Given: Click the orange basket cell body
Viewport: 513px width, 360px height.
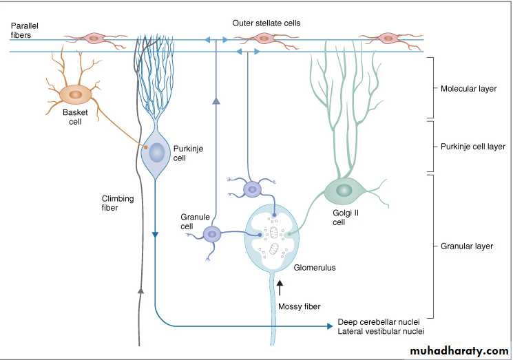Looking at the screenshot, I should pyautogui.click(x=75, y=94).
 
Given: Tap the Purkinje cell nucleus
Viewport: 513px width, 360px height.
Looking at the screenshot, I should pyautogui.click(x=158, y=152).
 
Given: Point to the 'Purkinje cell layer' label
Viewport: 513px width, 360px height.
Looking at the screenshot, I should pyautogui.click(x=472, y=147).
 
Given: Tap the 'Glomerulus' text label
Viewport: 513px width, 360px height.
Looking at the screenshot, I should pyautogui.click(x=315, y=268).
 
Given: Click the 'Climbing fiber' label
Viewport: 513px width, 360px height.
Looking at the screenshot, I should pyautogui.click(x=118, y=203).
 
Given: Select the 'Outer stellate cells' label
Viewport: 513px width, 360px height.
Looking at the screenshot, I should pyautogui.click(x=266, y=23).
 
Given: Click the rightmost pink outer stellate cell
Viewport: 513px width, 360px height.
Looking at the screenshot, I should pyautogui.click(x=388, y=39).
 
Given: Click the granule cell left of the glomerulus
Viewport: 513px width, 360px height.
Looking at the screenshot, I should pyautogui.click(x=212, y=235).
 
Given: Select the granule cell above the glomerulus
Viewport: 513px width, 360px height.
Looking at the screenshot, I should pyautogui.click(x=252, y=188).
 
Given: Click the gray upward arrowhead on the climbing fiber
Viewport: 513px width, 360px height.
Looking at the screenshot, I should pyautogui.click(x=140, y=290).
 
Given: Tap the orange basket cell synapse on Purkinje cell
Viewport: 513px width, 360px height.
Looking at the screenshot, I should pyautogui.click(x=146, y=147).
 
